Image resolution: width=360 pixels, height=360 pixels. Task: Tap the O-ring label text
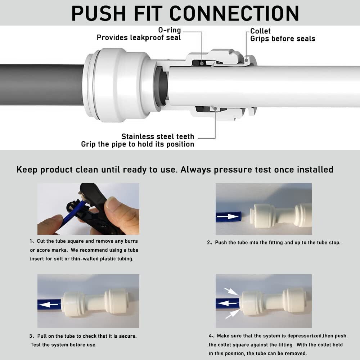(x=169, y=30)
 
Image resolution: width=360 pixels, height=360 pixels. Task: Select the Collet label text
(x=260, y=31)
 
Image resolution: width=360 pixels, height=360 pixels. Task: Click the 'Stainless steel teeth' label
(x=158, y=136)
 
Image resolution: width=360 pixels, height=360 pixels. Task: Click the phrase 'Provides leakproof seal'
(x=139, y=37)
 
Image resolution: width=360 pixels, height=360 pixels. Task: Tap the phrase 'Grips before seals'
(x=283, y=39)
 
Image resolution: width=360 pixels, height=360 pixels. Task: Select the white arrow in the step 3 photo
(x=50, y=305)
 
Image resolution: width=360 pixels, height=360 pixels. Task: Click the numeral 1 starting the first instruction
(x=31, y=241)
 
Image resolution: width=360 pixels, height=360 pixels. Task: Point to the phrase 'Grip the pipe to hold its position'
(x=138, y=144)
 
